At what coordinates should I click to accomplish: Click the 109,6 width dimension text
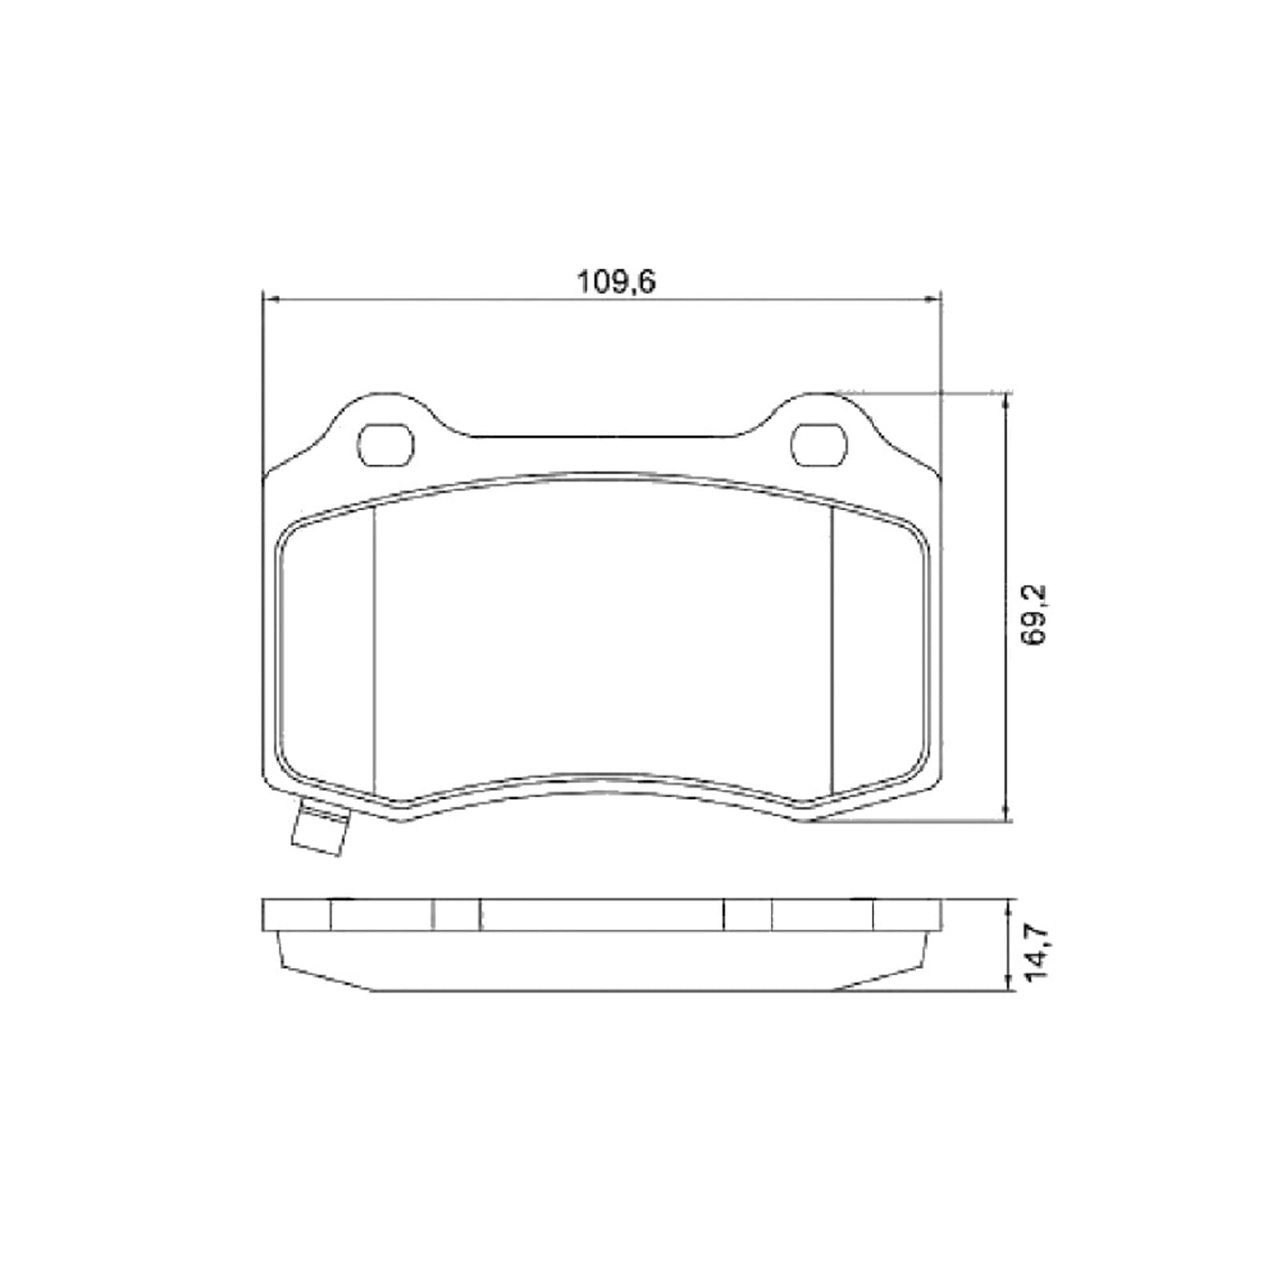616,282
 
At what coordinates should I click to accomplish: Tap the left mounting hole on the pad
385,444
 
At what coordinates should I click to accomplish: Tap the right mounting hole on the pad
818,444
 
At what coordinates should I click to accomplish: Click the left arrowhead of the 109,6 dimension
270,299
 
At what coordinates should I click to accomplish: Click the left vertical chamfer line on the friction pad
375,649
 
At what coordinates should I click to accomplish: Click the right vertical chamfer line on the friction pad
833,649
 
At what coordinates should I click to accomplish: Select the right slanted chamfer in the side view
881,978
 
